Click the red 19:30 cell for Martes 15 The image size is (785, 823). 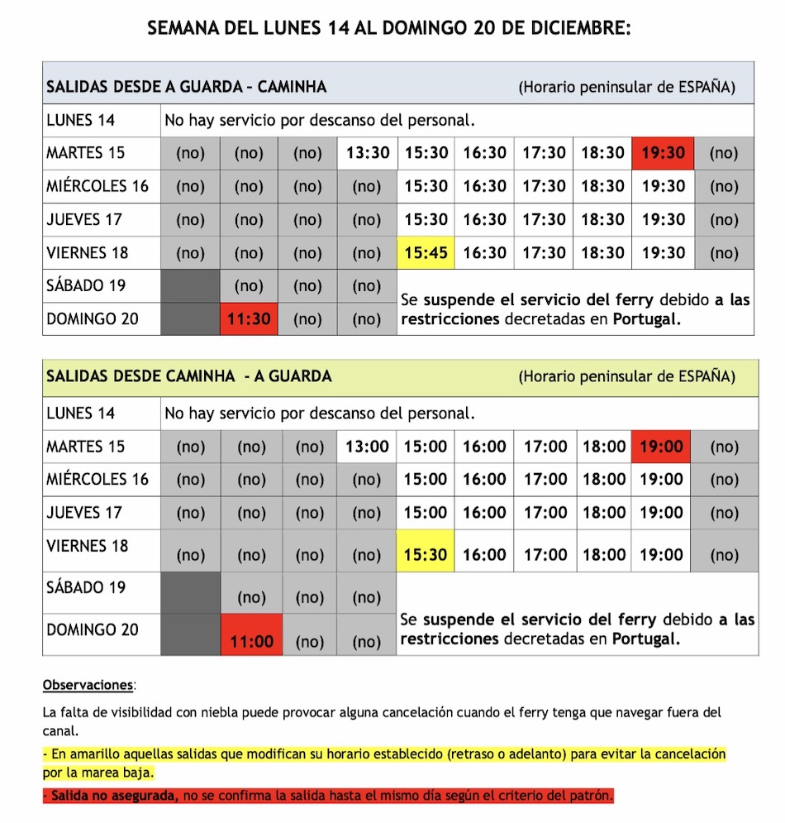point(663,153)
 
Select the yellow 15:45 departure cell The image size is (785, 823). point(426,252)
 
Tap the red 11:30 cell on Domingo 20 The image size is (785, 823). point(250,318)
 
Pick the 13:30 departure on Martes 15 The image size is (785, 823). point(367,153)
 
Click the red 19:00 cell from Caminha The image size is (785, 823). point(661,447)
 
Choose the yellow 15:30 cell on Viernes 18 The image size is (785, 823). point(426,555)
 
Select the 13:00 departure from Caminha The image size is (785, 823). point(367,447)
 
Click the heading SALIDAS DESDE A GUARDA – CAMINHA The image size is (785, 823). point(187,87)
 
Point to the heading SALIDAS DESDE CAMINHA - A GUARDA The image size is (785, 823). point(189,376)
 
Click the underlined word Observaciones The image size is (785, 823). point(88,685)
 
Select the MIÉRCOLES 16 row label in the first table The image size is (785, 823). point(98,186)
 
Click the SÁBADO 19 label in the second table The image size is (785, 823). point(86,587)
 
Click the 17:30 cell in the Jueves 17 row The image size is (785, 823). point(544,219)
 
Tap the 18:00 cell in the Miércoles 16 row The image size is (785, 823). point(604,480)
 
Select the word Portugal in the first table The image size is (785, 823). point(647,320)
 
